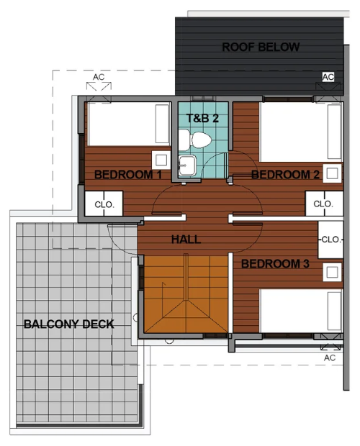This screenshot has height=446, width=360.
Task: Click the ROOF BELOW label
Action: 261,47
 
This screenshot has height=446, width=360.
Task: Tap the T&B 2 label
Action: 202,118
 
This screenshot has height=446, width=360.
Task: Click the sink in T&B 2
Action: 187,165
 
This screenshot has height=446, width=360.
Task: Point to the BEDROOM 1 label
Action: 128,175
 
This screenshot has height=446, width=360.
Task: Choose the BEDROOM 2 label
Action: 285,175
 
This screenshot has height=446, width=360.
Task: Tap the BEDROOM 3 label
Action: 275,264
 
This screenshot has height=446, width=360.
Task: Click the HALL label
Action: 186,240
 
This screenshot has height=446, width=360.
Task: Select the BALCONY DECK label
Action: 69,324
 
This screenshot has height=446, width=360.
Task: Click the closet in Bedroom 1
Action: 104,204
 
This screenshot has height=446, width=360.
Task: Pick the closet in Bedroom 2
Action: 324,204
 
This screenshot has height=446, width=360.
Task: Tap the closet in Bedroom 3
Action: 330,240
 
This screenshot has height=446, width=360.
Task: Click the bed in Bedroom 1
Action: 129,124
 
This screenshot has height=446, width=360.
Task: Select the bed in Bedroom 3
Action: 301,311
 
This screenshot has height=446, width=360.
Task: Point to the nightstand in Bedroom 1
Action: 161,160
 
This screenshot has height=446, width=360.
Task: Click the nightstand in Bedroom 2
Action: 332,173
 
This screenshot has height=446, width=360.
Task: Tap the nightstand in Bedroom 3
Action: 332,272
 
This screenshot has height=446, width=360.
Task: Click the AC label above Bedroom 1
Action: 99,77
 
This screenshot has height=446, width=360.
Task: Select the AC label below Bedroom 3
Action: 330,358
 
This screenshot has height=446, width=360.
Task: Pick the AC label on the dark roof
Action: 328,77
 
